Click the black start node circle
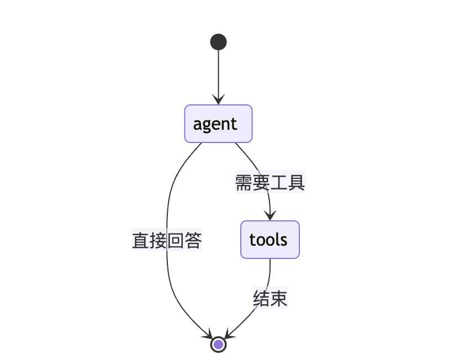click(x=218, y=42)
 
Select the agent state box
click(x=218, y=124)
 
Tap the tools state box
click(x=270, y=240)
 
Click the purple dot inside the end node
click(x=218, y=345)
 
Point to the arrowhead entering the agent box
click(x=218, y=100)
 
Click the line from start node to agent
click(x=218, y=72)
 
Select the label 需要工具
click(x=270, y=183)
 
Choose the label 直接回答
click(x=167, y=241)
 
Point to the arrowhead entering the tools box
click(x=270, y=216)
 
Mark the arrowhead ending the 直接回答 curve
click(x=208, y=335)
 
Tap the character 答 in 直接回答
click(x=193, y=241)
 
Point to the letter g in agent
click(x=207, y=125)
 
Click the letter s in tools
click(x=283, y=240)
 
